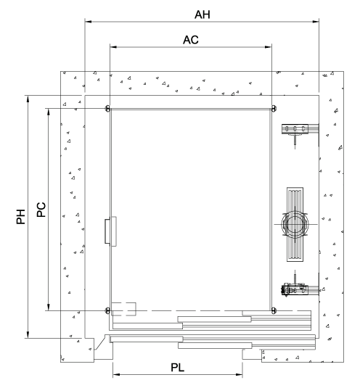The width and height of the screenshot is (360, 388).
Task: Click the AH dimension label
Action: tap(202, 15)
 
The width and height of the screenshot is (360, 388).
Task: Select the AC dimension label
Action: tap(191, 40)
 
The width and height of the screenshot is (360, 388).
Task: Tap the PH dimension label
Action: tap(21, 217)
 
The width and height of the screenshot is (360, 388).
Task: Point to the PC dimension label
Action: tap(41, 210)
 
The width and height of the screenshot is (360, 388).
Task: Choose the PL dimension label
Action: tap(178, 368)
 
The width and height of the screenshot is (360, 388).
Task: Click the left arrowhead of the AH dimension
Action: tap(88, 22)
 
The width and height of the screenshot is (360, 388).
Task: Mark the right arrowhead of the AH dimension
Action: tap(316, 22)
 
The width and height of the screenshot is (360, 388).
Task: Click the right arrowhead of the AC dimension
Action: tap(269, 46)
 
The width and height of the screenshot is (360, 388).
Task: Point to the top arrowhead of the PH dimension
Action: tap(28, 99)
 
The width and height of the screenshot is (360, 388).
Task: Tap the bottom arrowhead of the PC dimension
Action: tap(49, 307)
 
